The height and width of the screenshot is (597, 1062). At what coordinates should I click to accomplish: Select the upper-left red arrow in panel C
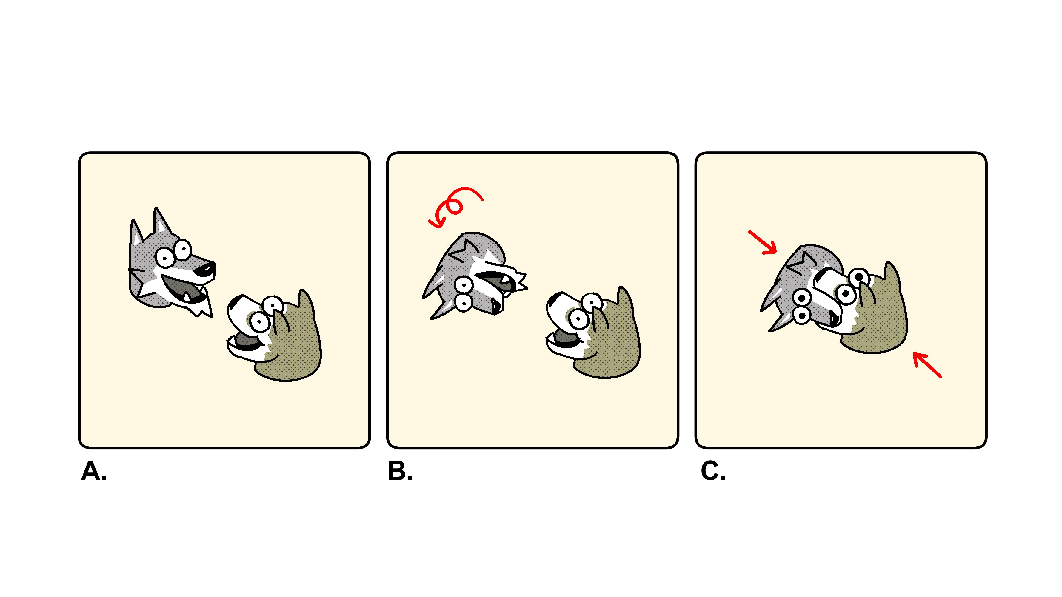click(762, 242)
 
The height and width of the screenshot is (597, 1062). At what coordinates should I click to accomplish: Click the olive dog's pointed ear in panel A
click(306, 307)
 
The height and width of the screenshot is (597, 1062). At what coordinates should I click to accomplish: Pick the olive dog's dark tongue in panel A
click(247, 341)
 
